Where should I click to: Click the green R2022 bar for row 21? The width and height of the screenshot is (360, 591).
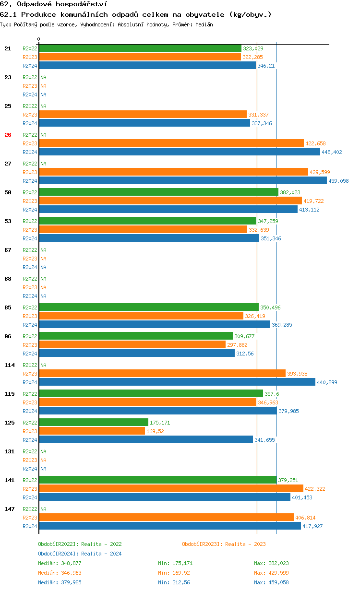(140, 48)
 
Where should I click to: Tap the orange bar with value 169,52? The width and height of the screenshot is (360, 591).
(92, 431)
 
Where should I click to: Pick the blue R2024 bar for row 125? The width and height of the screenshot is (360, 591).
(146, 439)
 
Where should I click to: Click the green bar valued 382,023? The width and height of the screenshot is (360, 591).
(158, 192)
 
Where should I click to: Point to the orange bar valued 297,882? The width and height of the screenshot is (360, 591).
(132, 344)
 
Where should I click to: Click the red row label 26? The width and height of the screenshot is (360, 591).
(8, 135)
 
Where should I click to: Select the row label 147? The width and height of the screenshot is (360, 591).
(9, 509)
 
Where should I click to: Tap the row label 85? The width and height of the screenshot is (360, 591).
(8, 307)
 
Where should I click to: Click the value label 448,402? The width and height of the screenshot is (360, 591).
(332, 152)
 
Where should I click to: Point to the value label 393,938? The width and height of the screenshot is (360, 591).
(297, 374)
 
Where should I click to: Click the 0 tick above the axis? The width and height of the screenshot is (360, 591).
(39, 39)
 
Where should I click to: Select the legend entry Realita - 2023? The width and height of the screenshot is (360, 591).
(224, 544)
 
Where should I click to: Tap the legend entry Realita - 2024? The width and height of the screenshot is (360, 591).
(80, 554)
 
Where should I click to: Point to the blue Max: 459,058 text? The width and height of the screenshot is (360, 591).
(271, 582)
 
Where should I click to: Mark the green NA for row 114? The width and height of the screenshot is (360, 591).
(43, 365)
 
